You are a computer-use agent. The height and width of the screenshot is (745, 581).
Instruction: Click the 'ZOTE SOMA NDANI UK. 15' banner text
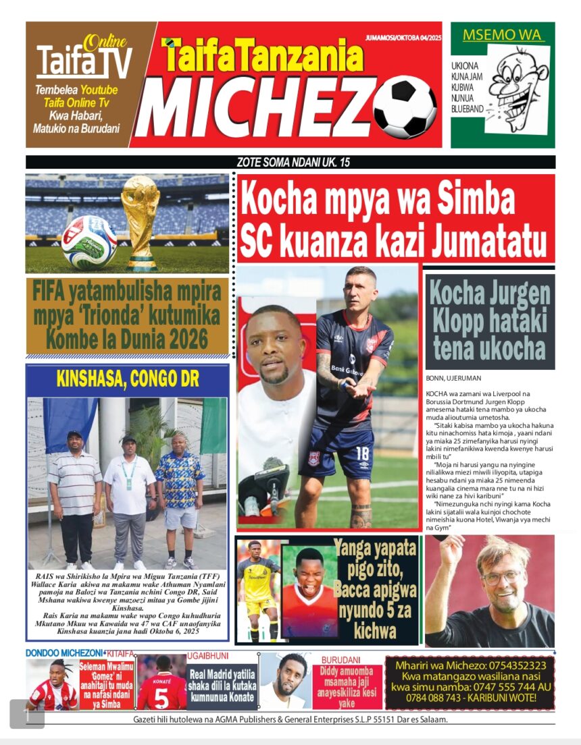click(x=293, y=163)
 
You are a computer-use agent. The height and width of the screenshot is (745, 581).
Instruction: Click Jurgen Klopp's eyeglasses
click(x=501, y=577)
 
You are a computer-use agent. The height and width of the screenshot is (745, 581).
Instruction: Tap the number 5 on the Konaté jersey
click(x=160, y=696)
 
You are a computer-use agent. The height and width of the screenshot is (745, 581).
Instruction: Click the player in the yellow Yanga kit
click(x=257, y=587)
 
